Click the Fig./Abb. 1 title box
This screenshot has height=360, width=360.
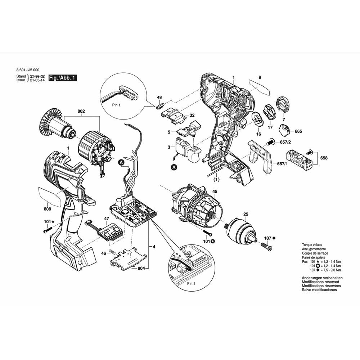(x=62, y=78)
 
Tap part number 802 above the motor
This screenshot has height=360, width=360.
(x=81, y=111)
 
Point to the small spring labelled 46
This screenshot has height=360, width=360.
(x=111, y=252)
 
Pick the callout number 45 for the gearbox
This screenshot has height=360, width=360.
(x=215, y=192)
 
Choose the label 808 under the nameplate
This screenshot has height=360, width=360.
(x=47, y=209)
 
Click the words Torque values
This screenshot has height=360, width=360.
(x=312, y=245)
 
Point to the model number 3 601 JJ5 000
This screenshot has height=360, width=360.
(x=28, y=70)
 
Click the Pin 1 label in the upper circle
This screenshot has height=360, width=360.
(x=116, y=105)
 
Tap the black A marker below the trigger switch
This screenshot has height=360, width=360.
(x=175, y=167)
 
